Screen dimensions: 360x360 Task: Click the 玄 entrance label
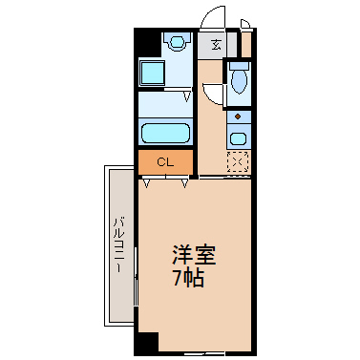pos(217,45)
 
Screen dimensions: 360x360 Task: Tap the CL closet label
pos(165,162)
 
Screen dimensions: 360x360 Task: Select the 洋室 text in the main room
pos(194,255)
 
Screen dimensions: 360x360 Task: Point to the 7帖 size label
pos(188,279)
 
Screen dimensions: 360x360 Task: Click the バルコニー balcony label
pos(119,244)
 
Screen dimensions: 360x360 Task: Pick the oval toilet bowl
pos(239,81)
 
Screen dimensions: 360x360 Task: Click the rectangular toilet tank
pos(239,66)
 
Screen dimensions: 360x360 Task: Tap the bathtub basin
pos(165,133)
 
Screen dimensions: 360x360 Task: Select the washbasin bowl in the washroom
pos(177,42)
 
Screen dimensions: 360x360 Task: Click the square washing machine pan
pos(153,73)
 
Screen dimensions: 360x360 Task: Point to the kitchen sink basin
pos(238,138)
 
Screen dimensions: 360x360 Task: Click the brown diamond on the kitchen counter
pos(238,116)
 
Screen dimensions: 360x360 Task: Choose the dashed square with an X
pos(238,161)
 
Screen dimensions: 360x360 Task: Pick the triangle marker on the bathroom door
pos(188,96)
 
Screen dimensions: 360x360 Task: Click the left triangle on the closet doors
pos(147,183)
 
